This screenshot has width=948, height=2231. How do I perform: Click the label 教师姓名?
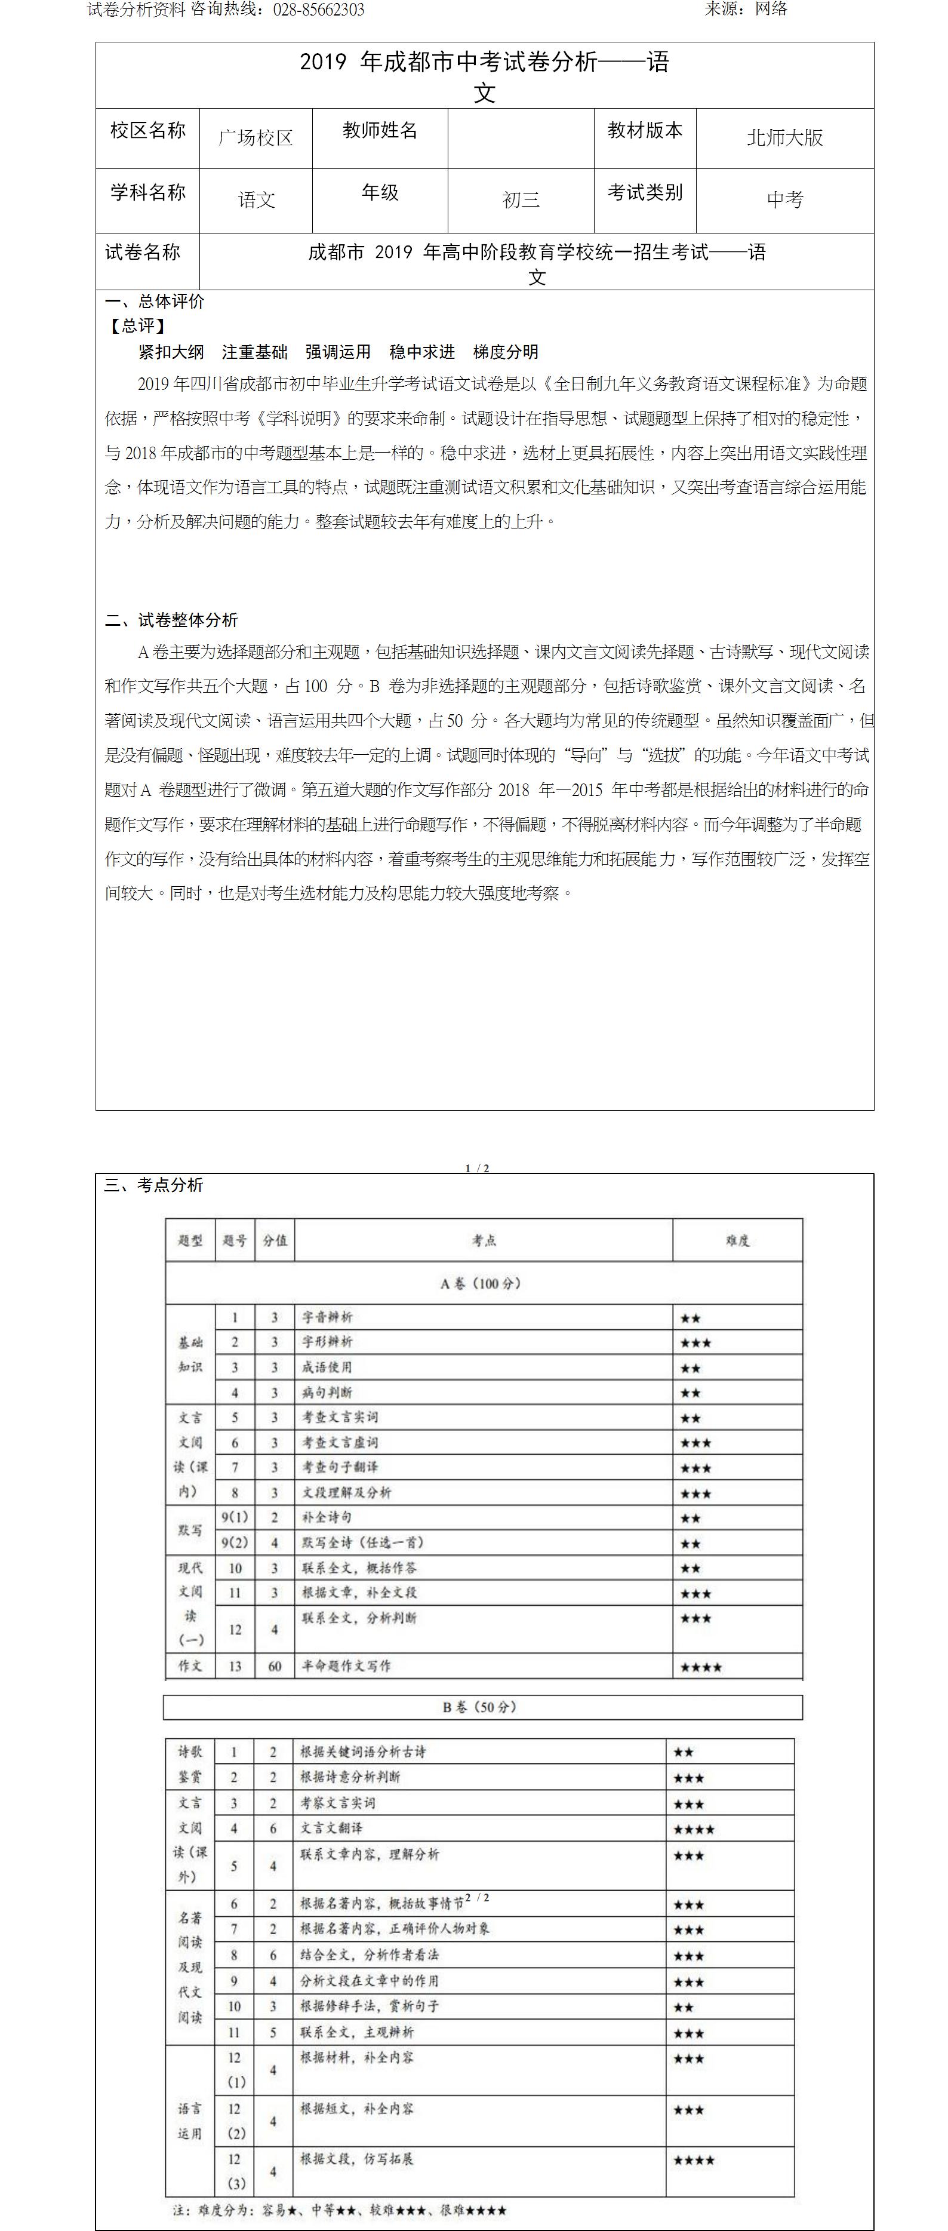tap(380, 131)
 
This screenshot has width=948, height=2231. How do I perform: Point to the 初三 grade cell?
tap(521, 200)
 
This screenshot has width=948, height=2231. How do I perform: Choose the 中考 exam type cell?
tap(784, 200)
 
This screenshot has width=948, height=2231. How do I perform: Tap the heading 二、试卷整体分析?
tap(171, 620)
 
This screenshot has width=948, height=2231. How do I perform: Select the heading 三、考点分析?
tap(154, 1185)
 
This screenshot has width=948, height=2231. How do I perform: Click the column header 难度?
tap(738, 1240)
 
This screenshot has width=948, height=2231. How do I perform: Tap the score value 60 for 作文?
tap(275, 1665)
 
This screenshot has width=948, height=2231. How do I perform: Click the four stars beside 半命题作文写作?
tap(701, 1667)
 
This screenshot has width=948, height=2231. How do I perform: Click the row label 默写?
tap(190, 1531)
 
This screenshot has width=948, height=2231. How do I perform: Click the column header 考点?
tap(484, 1240)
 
